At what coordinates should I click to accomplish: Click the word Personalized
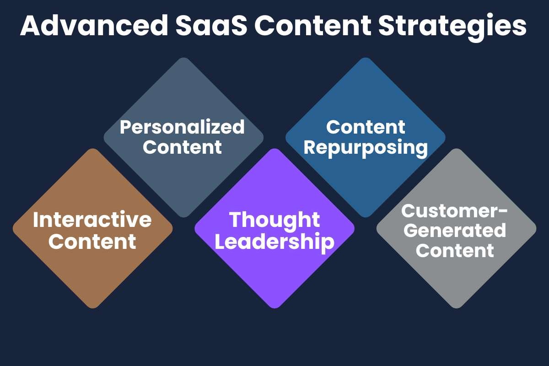[x=183, y=127]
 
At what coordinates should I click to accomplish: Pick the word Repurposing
[x=366, y=147]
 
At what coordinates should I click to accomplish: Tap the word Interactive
[x=92, y=220]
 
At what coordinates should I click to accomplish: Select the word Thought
[x=274, y=220]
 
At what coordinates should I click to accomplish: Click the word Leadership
[x=274, y=241]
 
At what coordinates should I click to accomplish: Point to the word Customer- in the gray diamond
[x=455, y=210]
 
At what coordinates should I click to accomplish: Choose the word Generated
[x=456, y=230]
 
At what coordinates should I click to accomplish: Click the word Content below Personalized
[x=183, y=147]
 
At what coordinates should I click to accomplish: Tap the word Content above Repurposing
[x=366, y=127]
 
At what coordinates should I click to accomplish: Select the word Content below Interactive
[x=92, y=241]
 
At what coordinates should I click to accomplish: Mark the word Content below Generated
[x=456, y=250]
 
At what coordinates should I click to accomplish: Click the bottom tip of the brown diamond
[x=92, y=307]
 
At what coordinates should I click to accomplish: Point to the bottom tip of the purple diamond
[x=274, y=307]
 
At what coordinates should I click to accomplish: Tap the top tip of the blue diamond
[x=366, y=59]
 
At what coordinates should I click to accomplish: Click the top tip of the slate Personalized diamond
[x=183, y=59]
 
